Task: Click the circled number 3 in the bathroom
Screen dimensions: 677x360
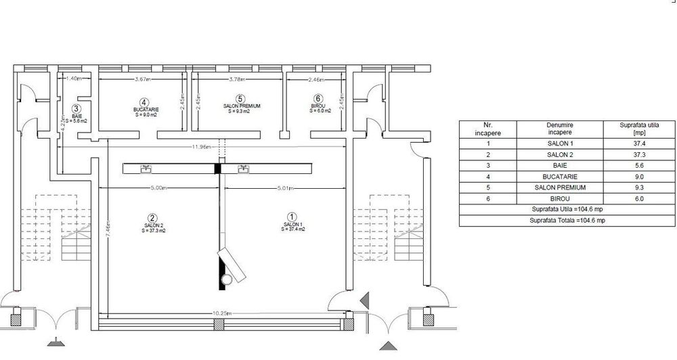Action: (x=77, y=110)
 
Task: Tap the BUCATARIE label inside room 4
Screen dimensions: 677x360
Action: (x=146, y=110)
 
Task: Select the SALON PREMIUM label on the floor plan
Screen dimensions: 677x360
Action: (x=242, y=106)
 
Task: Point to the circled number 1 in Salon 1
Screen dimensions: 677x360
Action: (x=292, y=217)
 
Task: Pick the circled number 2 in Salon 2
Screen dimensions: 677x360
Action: (x=152, y=219)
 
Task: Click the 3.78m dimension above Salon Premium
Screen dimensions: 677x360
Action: (x=237, y=79)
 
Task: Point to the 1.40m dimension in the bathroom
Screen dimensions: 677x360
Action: (x=74, y=78)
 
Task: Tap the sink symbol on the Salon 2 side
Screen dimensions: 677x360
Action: (x=146, y=168)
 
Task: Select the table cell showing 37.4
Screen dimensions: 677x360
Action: (x=638, y=143)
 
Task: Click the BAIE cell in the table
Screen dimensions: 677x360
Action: (x=560, y=166)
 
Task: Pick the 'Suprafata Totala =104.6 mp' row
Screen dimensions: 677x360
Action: (x=567, y=221)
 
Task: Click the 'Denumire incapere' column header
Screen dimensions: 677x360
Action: (x=560, y=129)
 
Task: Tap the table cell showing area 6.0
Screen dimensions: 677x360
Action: (x=638, y=199)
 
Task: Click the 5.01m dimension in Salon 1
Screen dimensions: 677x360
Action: (x=285, y=188)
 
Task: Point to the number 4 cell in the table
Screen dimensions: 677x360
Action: (x=488, y=177)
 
